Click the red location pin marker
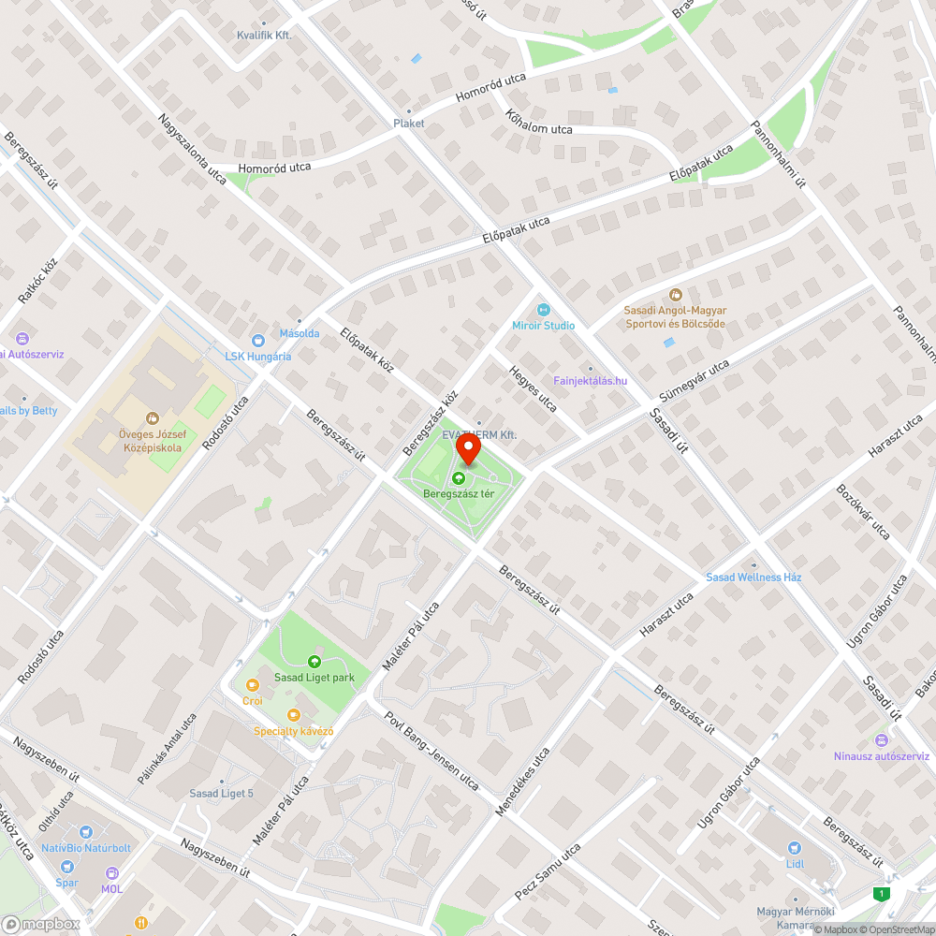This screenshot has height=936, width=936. [x=467, y=449]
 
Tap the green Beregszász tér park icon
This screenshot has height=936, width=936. [x=459, y=478]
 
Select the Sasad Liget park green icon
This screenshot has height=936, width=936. [x=314, y=661]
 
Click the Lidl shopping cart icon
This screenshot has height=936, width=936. [x=795, y=848]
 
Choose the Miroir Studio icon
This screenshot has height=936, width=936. [x=542, y=310]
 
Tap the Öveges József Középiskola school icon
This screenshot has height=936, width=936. [x=150, y=418]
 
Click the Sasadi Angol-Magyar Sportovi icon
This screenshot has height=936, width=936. [x=676, y=295]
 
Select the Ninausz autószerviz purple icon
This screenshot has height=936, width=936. [x=882, y=740]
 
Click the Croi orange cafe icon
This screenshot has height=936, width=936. [x=252, y=685]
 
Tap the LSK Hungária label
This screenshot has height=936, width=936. [x=257, y=356]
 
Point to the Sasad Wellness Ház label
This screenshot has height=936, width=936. [x=753, y=578]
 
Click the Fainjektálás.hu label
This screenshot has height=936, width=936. [x=590, y=380]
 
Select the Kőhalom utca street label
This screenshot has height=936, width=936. [x=538, y=123]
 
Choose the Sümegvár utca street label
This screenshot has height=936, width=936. [x=692, y=383]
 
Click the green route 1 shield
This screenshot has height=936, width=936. [x=880, y=893]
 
